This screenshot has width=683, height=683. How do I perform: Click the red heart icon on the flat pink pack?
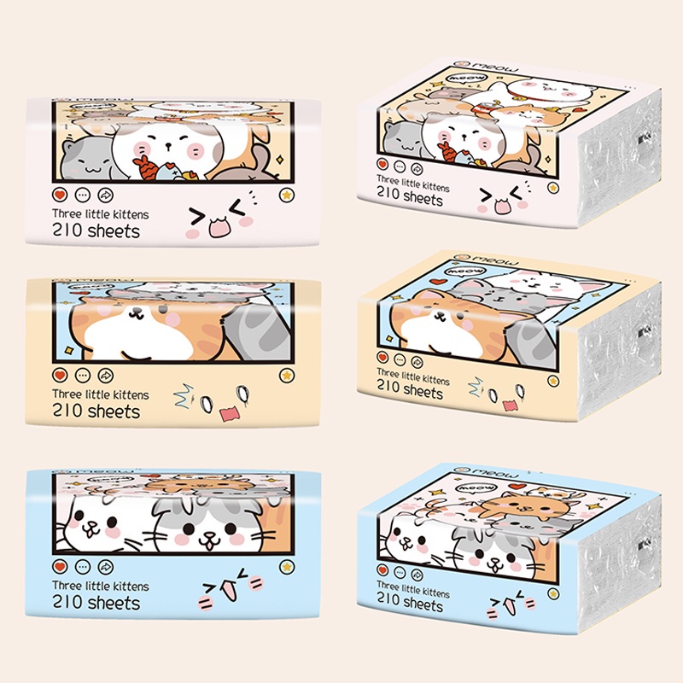tap(60, 195)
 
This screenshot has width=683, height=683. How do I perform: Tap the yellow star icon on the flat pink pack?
tap(287, 195)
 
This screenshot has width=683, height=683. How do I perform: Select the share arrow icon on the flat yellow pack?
tap(105, 375)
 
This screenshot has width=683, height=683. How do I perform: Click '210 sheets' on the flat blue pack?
tap(96, 603)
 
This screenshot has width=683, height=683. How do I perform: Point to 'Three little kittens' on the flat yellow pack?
tap(101, 394)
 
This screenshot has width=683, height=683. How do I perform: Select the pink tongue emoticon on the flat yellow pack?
tap(230, 413)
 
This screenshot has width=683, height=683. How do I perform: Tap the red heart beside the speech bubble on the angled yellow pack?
tap(440, 281)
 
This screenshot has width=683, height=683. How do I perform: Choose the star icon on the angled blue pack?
tap(553, 593)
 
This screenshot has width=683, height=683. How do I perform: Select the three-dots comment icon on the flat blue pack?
tap(83, 567)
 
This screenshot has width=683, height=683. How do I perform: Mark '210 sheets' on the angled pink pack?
tap(410, 196)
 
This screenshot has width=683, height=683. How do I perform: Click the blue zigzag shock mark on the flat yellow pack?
tap(184, 395)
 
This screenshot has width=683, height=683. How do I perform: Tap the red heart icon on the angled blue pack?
tap(382, 569)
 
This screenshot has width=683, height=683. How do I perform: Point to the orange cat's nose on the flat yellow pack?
tap(137, 311)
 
